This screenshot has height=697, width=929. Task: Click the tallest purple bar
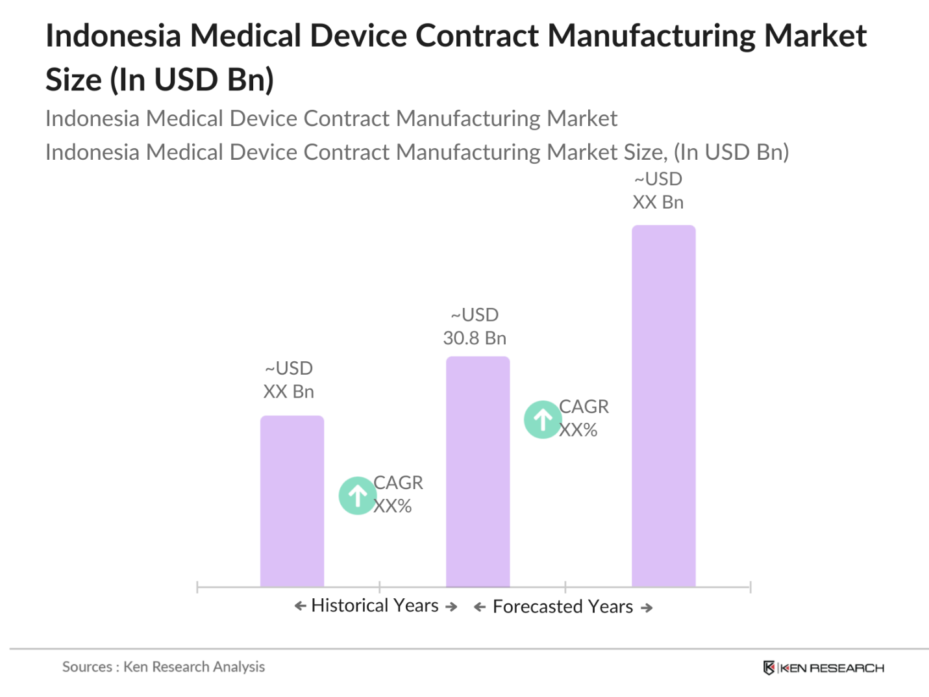tap(663, 406)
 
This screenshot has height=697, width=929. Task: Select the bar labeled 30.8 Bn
tap(477, 472)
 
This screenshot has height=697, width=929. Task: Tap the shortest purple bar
tap(291, 501)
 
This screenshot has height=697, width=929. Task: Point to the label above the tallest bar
tap(658, 190)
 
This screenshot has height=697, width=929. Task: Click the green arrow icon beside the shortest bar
tap(357, 496)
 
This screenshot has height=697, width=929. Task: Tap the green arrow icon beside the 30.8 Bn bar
tap(542, 420)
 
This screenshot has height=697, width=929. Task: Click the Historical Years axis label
tap(375, 605)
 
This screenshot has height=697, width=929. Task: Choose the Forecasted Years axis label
tap(562, 607)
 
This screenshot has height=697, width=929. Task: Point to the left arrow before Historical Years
tap(300, 606)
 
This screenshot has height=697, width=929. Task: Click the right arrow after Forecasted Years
tap(647, 607)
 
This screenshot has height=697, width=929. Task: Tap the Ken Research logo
tap(823, 668)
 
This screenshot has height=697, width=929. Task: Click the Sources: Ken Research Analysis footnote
tap(164, 666)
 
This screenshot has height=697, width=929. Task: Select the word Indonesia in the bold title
tap(113, 36)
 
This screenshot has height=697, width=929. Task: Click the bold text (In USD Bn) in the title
tap(192, 80)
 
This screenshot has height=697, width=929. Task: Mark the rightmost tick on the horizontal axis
tap(750, 587)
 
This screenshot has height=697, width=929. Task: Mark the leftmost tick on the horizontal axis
tap(197, 587)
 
